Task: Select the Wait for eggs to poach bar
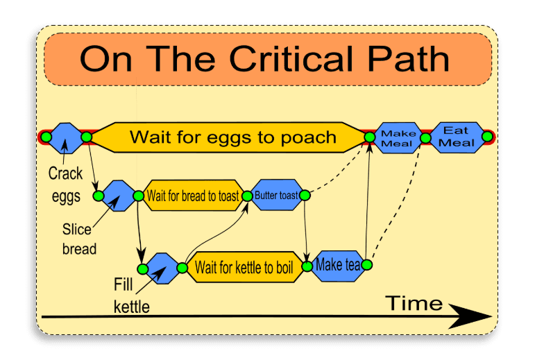point(232,137)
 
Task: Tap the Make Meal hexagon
point(398,137)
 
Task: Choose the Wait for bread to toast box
point(192,196)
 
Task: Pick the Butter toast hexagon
point(275,196)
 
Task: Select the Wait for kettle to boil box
point(243,267)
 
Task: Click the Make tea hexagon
point(337,264)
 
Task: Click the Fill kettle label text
point(131,294)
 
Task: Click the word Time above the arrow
point(414,303)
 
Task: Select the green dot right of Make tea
point(367,264)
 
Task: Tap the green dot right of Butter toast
point(304,196)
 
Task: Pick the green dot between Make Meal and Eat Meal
point(425,137)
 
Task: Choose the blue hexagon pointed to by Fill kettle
point(164,268)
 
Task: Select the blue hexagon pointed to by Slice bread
point(118,196)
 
